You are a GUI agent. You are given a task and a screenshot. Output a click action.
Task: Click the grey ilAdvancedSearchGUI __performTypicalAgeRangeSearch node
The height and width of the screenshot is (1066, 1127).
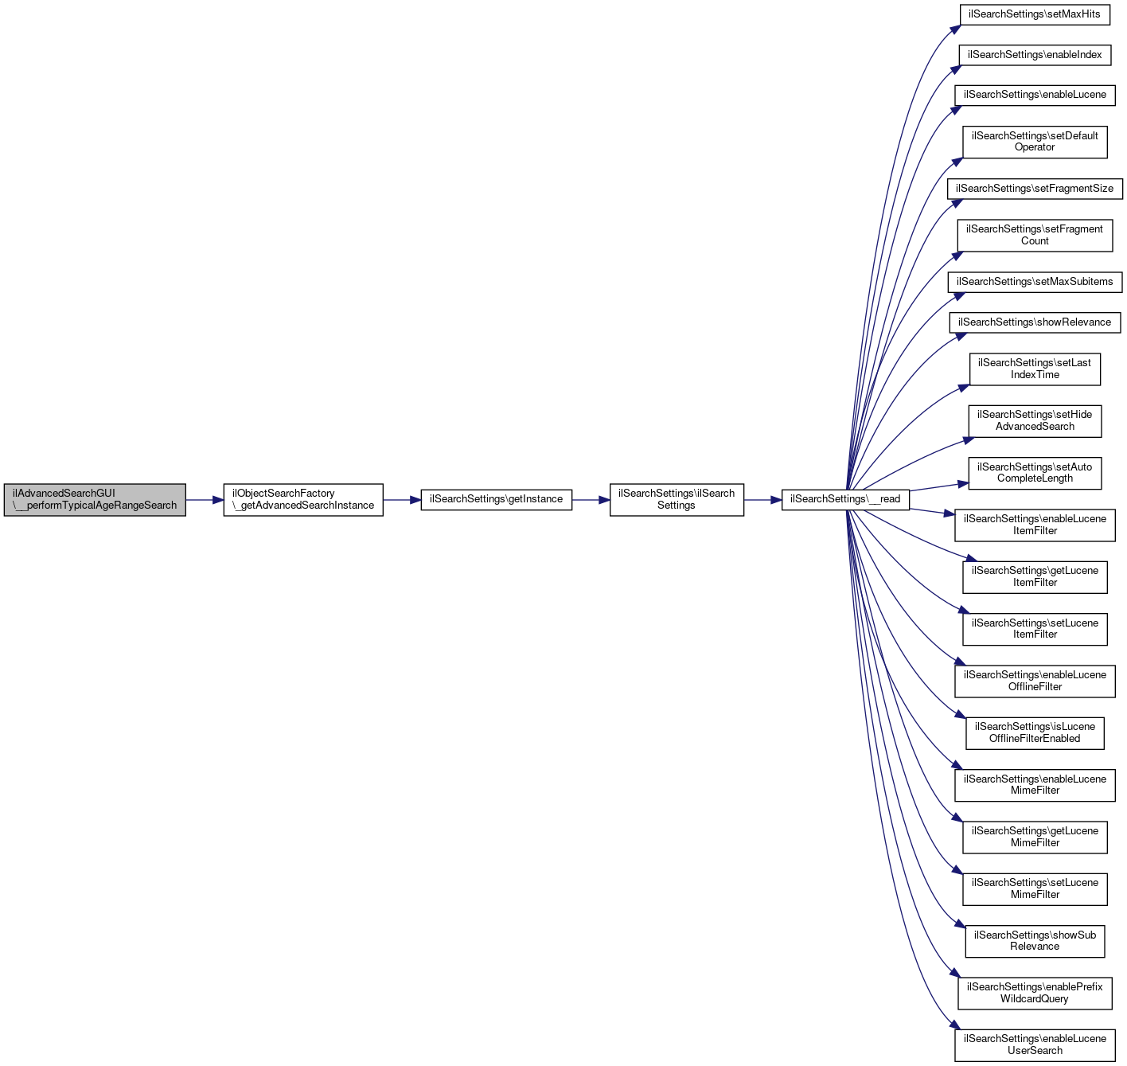[95, 500]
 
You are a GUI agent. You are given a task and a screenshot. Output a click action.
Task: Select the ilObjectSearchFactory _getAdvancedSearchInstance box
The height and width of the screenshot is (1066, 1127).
[303, 500]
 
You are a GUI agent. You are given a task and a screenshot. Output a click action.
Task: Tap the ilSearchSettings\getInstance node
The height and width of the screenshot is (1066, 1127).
[496, 499]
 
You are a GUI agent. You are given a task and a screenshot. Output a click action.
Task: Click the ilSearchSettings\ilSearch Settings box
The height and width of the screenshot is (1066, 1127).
[677, 500]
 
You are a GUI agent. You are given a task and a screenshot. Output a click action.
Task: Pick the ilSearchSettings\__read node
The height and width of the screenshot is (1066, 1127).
[845, 499]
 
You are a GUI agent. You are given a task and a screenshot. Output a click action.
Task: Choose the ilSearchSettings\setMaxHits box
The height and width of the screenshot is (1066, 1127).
[1035, 14]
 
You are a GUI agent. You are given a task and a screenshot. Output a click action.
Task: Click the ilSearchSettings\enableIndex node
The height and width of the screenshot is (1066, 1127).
[1035, 55]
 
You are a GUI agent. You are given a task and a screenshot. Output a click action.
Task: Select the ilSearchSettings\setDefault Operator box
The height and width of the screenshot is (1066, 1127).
[1035, 142]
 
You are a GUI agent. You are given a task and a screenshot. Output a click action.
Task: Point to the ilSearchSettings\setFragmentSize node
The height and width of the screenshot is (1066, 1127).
[1035, 189]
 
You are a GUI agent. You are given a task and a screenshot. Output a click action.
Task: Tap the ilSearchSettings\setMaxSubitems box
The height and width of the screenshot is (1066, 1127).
[1035, 282]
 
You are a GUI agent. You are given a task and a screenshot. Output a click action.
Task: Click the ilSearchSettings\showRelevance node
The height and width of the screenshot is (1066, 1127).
[1035, 322]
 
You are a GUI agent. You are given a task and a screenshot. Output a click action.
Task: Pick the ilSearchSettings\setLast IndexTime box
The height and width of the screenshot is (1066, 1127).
[1035, 369]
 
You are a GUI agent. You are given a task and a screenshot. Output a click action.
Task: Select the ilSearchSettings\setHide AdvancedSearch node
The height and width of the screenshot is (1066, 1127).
[1035, 420]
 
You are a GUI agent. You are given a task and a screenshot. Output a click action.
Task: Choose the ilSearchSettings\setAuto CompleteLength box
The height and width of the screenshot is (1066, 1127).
[1035, 473]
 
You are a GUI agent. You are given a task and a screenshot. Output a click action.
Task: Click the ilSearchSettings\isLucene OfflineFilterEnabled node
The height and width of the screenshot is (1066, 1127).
[1035, 732]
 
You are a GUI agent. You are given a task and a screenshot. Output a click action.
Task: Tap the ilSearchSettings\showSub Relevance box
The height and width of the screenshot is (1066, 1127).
[1035, 941]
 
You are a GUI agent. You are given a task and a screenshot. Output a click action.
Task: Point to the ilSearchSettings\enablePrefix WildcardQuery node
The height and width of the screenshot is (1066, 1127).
[1035, 993]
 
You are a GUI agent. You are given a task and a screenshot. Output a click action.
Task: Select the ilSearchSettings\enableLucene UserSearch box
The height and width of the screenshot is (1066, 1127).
[1035, 1045]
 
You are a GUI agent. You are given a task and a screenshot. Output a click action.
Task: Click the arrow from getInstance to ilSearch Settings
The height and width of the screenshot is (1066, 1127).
[591, 500]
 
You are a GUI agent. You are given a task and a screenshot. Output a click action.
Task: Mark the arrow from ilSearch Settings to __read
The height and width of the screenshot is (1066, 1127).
[762, 500]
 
